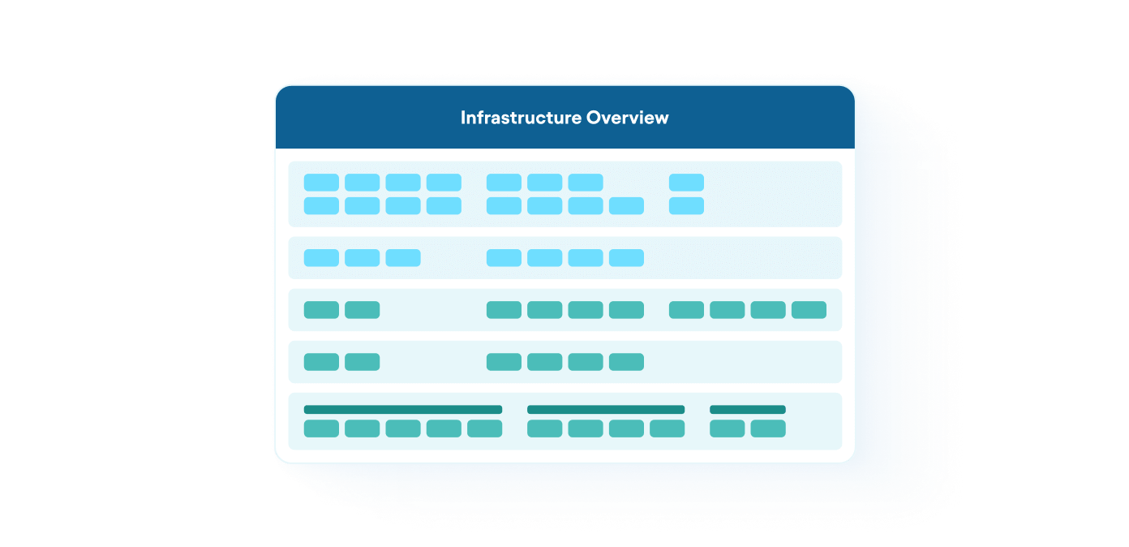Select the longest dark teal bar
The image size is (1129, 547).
click(402, 410)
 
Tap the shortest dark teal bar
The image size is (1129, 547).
click(747, 410)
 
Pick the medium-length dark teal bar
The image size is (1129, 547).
click(605, 410)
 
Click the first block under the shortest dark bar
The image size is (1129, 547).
click(727, 429)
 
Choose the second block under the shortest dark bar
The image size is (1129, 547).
click(768, 429)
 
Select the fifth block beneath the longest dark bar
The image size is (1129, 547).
click(484, 429)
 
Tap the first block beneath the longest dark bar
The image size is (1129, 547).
click(321, 429)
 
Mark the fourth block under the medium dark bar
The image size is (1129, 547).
click(667, 429)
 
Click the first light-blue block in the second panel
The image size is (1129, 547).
click(321, 258)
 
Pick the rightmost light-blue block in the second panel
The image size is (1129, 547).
click(626, 258)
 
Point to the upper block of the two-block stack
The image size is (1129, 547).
click(686, 183)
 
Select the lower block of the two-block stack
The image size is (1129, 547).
click(686, 206)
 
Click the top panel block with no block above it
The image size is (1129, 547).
click(626, 206)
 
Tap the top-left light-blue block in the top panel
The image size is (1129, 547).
click(321, 183)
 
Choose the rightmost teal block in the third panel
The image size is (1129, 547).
click(809, 310)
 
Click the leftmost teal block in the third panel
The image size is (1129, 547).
click(321, 310)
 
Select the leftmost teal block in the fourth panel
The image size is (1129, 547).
click(321, 362)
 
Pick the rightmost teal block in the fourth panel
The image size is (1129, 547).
click(626, 362)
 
